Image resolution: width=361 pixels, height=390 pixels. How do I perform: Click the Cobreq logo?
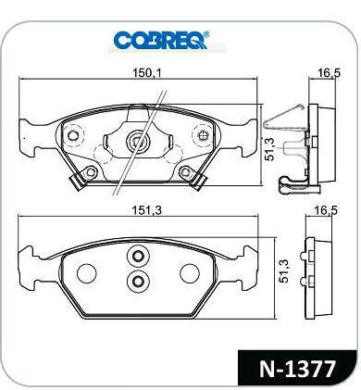coord(161,40)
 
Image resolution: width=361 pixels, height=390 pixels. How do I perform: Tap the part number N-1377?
coord(297,369)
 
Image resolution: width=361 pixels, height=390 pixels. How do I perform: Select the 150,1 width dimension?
coord(147,73)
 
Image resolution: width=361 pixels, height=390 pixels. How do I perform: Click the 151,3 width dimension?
coord(147,210)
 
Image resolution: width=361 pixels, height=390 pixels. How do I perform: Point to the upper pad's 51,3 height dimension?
coord(269,149)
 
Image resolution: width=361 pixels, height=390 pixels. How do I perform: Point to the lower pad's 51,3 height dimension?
coord(283,271)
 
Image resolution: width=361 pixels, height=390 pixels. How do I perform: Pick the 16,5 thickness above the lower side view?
coord(326,210)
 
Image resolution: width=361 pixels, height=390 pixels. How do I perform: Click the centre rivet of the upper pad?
coord(138,142)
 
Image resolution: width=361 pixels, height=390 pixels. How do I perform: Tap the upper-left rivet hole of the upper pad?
coord(73,135)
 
